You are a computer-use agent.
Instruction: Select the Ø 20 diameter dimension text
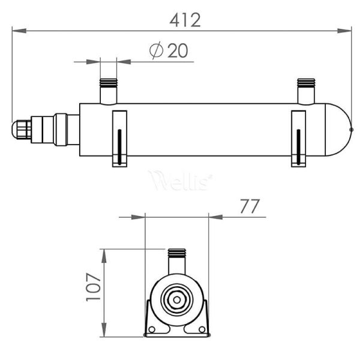click(x=170, y=51)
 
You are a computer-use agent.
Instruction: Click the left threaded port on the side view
click(x=109, y=91)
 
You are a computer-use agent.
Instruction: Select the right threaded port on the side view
click(x=306, y=91)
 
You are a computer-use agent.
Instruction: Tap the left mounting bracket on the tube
click(x=119, y=138)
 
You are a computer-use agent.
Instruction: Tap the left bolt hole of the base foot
click(x=153, y=329)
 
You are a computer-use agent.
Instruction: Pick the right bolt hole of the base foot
click(x=201, y=329)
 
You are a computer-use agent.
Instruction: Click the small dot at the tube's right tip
click(x=352, y=129)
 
